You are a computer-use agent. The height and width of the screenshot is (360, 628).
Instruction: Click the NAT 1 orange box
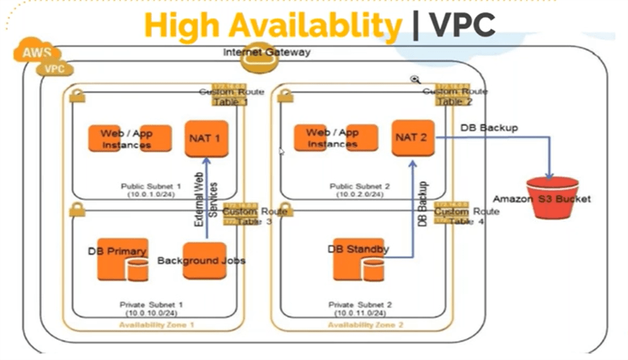206,139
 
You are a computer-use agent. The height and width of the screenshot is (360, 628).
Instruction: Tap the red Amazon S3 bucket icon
552,197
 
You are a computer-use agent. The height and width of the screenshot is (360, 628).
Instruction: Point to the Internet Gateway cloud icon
266,53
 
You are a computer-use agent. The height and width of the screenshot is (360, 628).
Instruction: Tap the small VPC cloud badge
55,69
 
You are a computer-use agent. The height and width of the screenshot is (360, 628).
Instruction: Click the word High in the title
182,25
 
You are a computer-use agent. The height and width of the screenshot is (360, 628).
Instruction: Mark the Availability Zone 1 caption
157,325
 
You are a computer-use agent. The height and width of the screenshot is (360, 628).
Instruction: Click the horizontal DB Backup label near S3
489,128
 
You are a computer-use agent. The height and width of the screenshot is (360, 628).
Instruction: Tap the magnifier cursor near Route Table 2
415,80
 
